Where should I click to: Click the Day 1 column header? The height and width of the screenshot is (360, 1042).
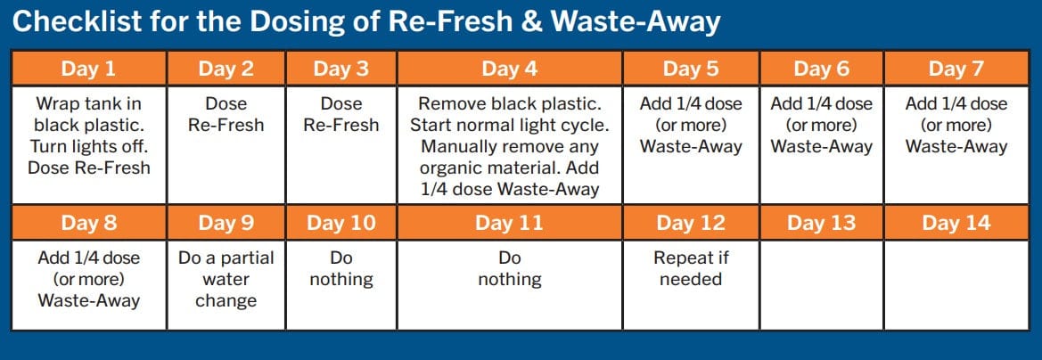click(88, 69)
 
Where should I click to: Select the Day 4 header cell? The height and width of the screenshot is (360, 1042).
click(510, 69)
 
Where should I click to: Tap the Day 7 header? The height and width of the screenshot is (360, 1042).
click(956, 69)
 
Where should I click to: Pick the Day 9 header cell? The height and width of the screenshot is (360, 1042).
click(226, 223)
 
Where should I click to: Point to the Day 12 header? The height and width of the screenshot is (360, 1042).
click(691, 223)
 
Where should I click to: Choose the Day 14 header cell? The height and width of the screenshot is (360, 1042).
click(956, 223)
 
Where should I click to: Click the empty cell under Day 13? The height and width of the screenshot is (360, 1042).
click(821, 285)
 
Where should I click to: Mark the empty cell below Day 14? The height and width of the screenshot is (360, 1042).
click(956, 285)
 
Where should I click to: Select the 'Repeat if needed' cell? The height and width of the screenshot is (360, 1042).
click(691, 285)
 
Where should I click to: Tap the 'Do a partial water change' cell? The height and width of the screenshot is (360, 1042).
click(226, 285)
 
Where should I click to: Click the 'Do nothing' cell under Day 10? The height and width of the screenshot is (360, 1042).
click(340, 285)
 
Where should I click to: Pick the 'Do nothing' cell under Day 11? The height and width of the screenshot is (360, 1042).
click(510, 285)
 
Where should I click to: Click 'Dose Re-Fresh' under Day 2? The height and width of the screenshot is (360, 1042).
click(226, 114)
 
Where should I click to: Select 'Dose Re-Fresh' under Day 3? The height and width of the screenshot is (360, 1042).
click(340, 114)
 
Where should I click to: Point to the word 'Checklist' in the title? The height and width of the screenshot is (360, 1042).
click(77, 22)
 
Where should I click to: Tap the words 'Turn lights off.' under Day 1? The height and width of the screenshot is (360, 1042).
click(88, 146)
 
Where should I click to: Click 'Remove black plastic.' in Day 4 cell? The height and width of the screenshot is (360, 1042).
click(510, 104)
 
